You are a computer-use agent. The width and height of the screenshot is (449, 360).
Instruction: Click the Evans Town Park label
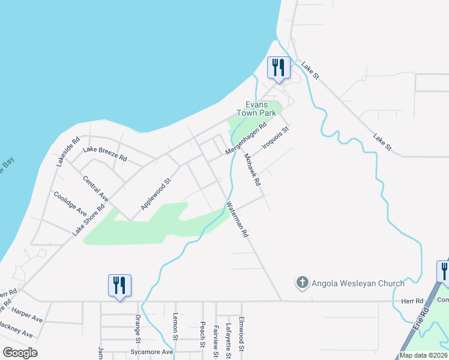point(256,108)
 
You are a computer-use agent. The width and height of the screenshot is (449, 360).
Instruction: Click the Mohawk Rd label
point(252,169)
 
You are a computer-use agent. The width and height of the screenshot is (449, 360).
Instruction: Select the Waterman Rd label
point(237,220)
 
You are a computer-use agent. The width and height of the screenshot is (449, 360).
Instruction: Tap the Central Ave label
point(95,188)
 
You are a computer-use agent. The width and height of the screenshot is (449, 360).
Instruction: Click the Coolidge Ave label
point(70,204)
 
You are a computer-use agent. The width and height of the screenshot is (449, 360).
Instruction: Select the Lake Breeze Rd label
point(105,154)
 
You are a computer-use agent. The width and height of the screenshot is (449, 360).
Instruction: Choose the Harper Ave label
point(28,314)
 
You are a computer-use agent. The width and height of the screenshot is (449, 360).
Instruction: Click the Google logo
point(20,353)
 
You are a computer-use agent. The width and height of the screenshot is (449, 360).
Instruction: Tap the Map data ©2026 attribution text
point(423,355)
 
